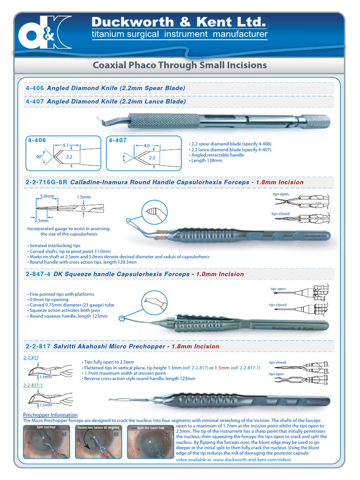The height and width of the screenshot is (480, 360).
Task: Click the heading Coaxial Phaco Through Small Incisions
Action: click(180, 65)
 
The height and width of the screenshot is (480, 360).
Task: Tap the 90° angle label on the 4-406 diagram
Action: click(38, 156)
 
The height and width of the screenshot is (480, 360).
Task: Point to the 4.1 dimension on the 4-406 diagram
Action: click(66, 145)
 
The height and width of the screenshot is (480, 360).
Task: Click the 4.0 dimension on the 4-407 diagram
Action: click(147, 145)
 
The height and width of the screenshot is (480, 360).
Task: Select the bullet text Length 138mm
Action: click(207, 160)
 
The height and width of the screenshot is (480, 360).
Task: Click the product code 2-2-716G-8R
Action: click(46, 182)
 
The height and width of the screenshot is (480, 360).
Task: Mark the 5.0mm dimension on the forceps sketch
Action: click(47, 196)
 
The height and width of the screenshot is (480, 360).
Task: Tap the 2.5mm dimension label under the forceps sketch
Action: click(41, 220)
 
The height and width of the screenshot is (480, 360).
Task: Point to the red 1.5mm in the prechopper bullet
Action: click(222, 367)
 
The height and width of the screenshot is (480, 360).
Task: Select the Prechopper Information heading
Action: click(50, 415)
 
